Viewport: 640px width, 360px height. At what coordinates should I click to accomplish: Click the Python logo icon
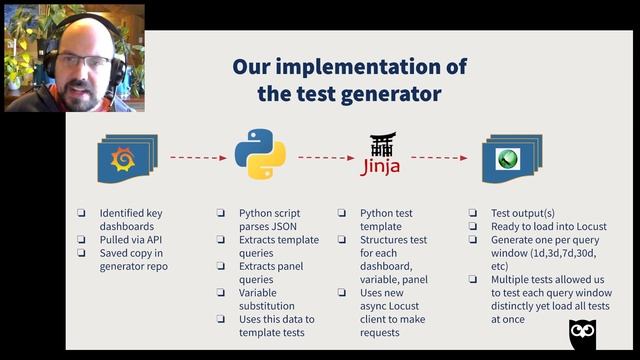(260, 155)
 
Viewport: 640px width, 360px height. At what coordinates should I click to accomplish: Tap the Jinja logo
(380, 155)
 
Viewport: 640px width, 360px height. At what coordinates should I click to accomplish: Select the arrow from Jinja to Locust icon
(440, 157)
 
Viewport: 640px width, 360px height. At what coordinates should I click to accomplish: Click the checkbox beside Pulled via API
(82, 241)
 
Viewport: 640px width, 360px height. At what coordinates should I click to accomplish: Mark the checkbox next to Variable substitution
(222, 293)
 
